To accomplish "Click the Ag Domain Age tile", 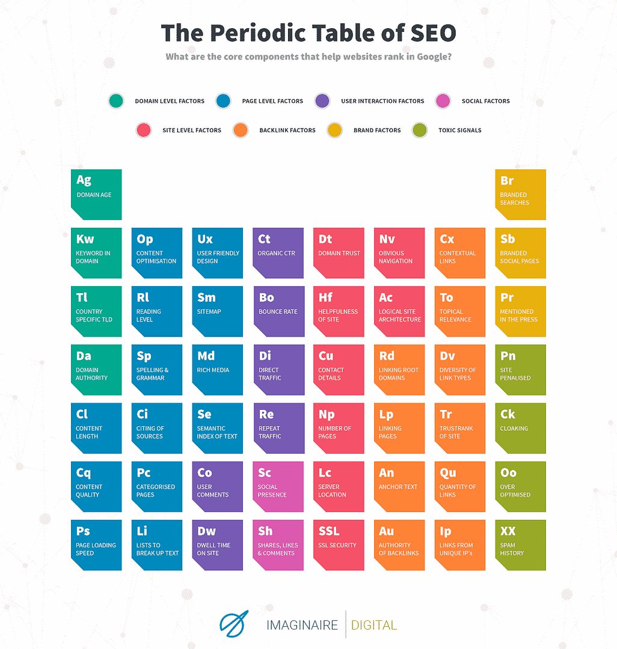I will (x=96, y=195).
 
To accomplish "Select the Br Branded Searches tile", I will (x=520, y=195).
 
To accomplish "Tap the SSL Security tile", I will (x=339, y=544).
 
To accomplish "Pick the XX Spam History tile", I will (x=520, y=544).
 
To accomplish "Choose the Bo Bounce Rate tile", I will (x=278, y=311).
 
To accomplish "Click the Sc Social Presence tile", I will (x=278, y=486).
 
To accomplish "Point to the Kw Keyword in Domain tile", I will (x=96, y=253).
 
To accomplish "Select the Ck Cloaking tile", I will (x=520, y=428).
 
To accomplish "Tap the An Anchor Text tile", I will (x=399, y=486).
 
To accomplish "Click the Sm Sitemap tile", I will (x=217, y=311).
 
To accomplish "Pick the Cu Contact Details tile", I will (x=339, y=370).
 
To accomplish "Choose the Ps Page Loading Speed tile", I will (x=96, y=544).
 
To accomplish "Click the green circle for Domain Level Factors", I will (x=116, y=101).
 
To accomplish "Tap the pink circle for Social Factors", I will (x=443, y=101).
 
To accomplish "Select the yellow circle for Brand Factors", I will (x=334, y=130).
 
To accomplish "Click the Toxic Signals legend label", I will (x=460, y=130).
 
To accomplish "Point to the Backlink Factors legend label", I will (x=287, y=130).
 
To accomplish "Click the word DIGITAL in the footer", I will (x=374, y=625).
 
